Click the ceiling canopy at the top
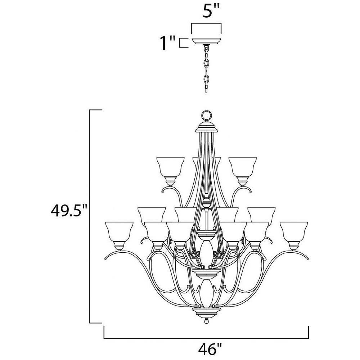(x=206, y=41)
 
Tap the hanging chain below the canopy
(x=206, y=69)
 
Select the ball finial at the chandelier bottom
(x=206, y=321)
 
